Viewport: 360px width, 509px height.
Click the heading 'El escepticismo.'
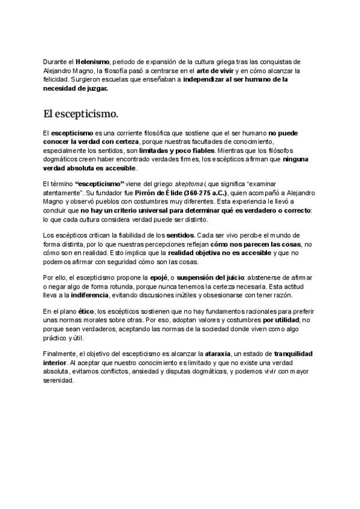(x=80, y=113)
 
